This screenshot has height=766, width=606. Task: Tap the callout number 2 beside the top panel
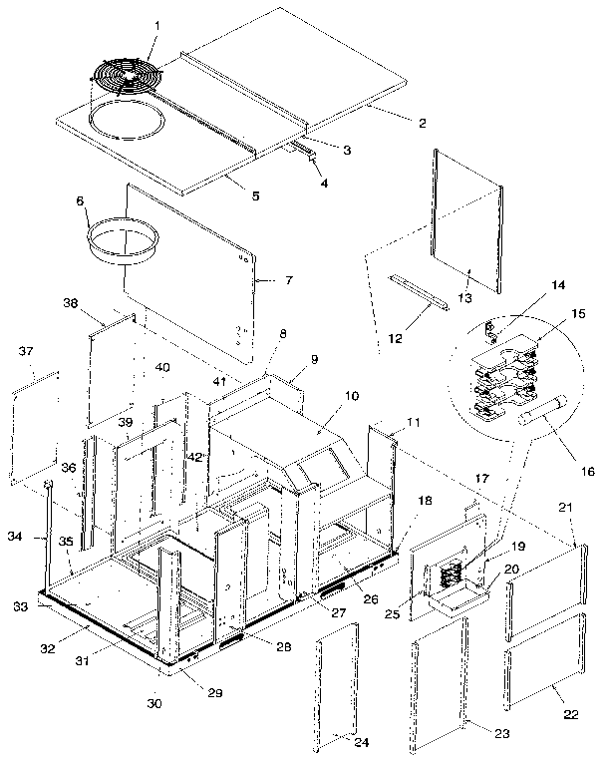coord(422,124)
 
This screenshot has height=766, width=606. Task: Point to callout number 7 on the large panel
coord(289,281)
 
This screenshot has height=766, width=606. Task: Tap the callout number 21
coord(566,509)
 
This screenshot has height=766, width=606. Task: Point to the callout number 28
coord(283,647)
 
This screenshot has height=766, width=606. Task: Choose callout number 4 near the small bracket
coord(323,183)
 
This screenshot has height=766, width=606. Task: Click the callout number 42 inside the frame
coord(195,456)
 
